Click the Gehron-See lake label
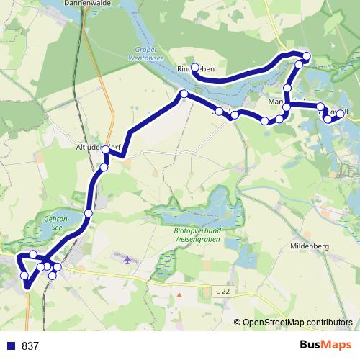coord(55,221)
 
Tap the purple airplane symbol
coord(128,259)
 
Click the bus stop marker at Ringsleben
coord(194,67)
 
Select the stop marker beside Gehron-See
coord(88,213)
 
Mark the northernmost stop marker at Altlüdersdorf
coord(106,150)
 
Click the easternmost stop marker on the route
coord(341,113)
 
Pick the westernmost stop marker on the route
coord(24,276)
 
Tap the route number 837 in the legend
coord(30,346)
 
